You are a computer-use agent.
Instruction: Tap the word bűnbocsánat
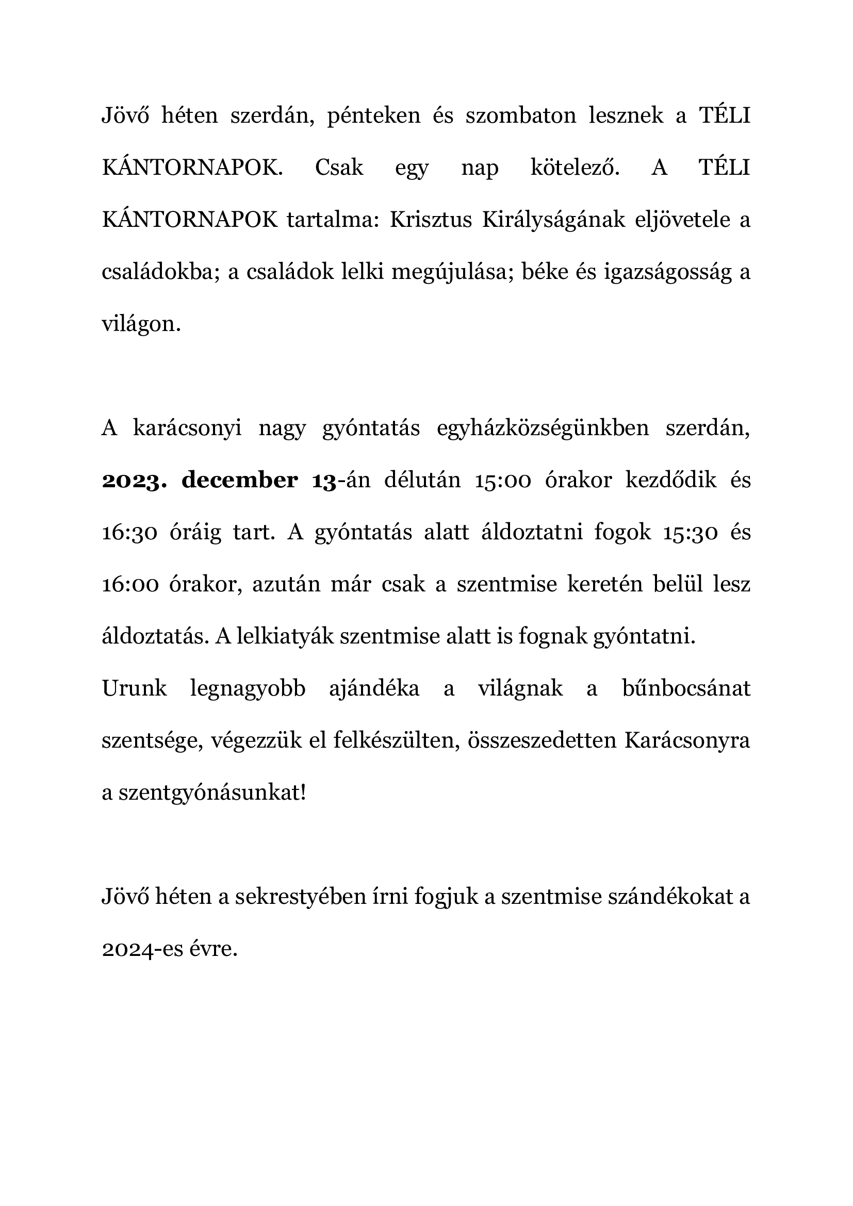point(686,689)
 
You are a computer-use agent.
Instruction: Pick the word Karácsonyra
point(687,741)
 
